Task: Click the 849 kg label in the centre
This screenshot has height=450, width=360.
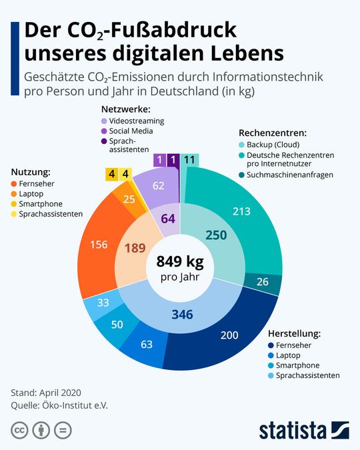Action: pos(180,262)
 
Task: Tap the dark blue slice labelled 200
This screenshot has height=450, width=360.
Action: pos(229,335)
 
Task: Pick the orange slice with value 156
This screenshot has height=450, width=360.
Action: pos(99,245)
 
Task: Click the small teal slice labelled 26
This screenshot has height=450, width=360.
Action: pos(263,282)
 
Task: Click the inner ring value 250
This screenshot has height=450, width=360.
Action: pos(217,234)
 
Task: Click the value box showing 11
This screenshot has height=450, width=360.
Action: pos(189,159)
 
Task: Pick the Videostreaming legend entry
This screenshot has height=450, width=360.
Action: pos(132,121)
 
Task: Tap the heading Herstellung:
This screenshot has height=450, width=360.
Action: pos(294,333)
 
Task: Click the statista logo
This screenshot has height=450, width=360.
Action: pos(304,427)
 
